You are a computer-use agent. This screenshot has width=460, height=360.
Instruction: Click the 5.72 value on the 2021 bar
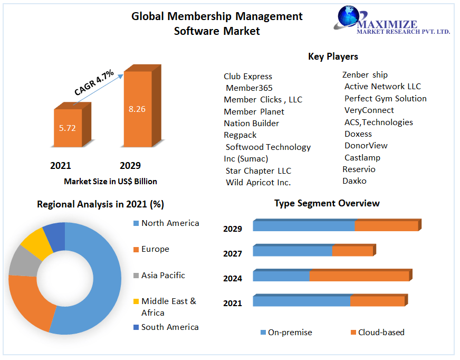pos(68,128)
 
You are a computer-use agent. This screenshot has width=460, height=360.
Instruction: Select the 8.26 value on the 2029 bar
pos(137,109)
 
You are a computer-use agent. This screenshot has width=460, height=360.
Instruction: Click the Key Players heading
pos(333,56)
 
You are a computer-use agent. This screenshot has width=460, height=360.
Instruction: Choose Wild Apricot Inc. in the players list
pos(258,183)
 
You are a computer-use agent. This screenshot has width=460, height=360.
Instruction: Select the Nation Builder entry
pos(251,124)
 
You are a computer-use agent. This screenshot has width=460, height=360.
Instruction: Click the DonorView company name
pos(366,146)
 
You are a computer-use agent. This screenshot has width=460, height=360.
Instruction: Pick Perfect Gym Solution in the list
pos(385,99)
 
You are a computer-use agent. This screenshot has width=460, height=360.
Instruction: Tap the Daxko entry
pos(354,181)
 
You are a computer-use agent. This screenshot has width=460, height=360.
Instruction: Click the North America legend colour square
pos(136,224)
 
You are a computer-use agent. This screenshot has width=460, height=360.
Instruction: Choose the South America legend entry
pos(169,327)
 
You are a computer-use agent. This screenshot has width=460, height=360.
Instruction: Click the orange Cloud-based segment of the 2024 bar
pos(359,276)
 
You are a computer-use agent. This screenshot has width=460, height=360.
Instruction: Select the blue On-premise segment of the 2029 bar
pos(303,226)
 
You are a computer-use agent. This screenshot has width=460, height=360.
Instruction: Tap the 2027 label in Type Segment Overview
pos(233,254)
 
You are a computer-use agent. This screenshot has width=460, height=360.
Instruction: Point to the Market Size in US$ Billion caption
pos(110,182)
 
